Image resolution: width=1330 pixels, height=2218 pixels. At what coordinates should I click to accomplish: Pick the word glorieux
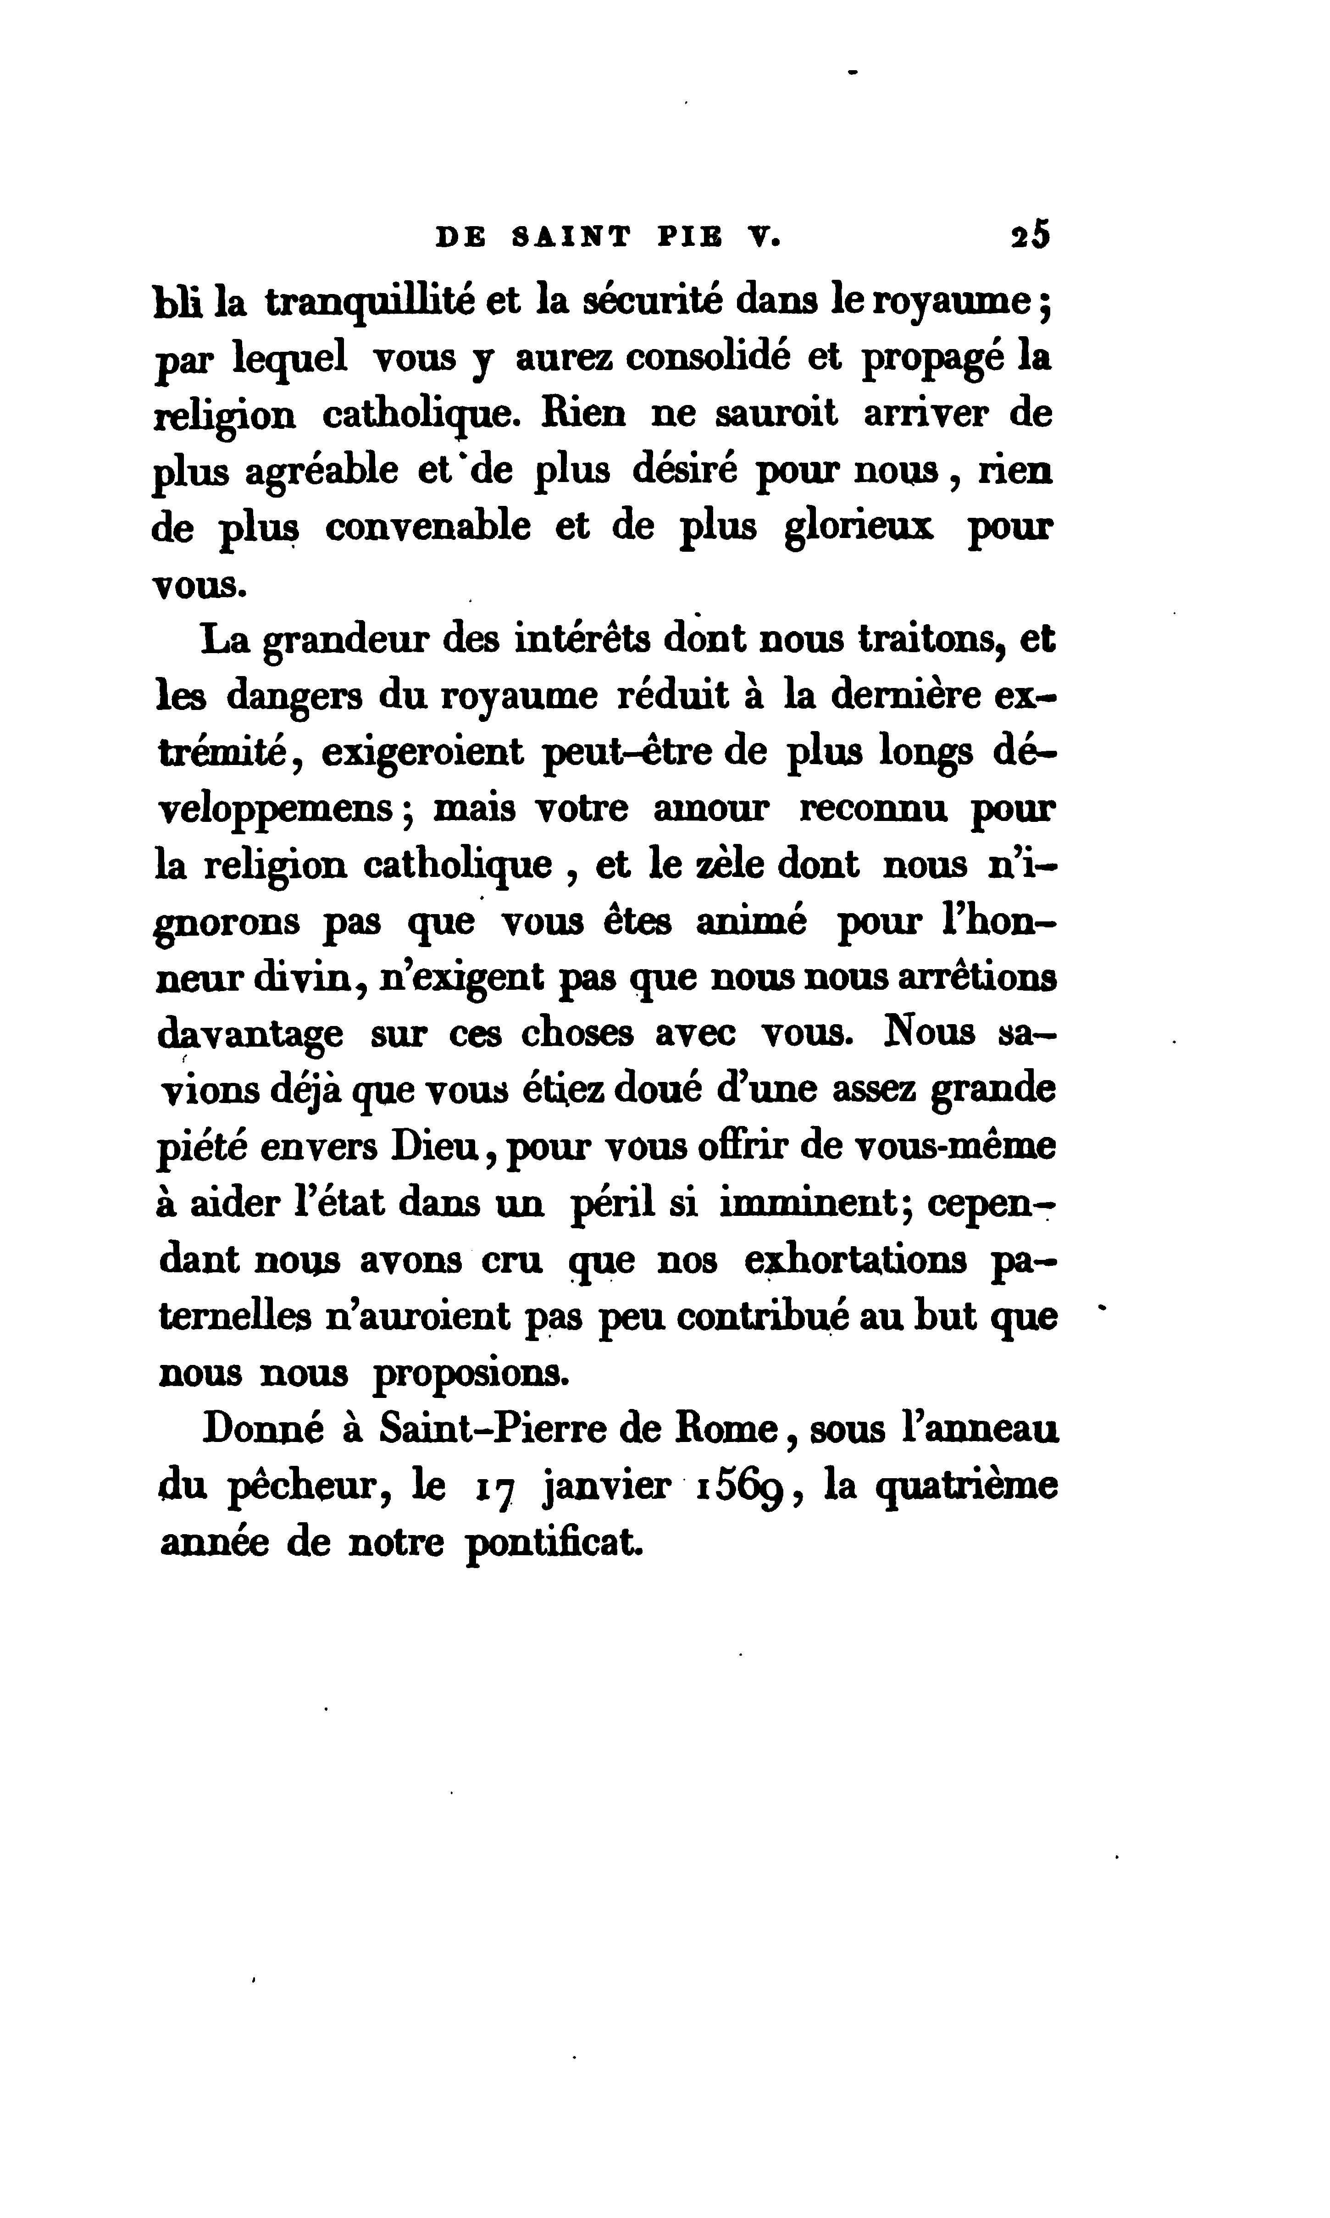tap(859, 527)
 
